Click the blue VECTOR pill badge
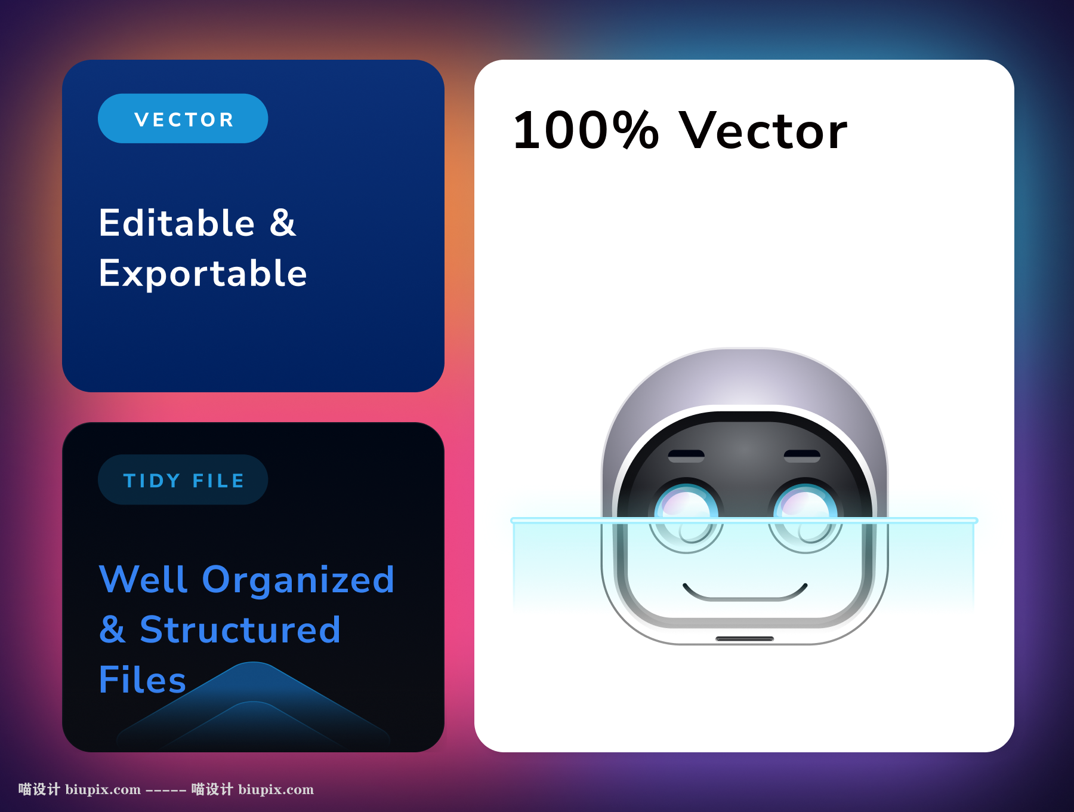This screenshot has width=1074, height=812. point(183,118)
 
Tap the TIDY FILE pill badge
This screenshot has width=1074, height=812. point(183,479)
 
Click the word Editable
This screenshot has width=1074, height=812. point(177,223)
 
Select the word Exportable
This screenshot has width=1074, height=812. point(203,273)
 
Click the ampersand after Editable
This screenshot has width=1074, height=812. point(283,223)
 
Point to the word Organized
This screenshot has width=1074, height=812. point(298,580)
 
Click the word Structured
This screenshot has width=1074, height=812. point(240,630)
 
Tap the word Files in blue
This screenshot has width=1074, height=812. point(143,679)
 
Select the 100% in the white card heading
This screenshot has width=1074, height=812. point(585,130)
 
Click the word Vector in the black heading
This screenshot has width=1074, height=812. point(764,130)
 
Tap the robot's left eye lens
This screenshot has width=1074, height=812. point(686,515)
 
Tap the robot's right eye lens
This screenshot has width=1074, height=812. point(805,515)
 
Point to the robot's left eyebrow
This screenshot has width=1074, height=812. point(686,456)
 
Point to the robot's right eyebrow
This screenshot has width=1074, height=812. point(802,456)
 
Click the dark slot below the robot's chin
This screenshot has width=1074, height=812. point(745,639)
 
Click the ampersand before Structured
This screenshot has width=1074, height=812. point(113,630)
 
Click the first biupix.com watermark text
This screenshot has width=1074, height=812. point(103,789)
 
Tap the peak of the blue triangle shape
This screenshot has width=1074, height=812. point(254,663)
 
